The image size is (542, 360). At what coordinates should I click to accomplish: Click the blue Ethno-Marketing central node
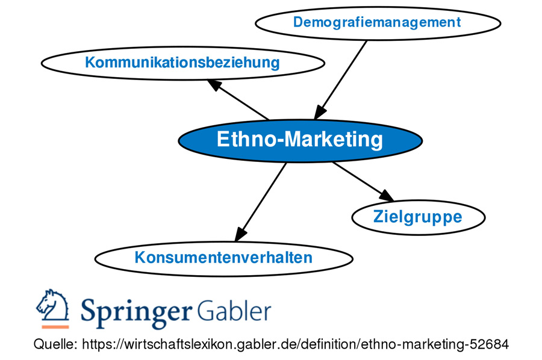coord(300,140)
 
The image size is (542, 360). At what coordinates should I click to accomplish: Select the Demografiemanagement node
coord(378,23)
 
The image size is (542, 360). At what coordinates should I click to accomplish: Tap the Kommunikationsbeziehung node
coord(182,63)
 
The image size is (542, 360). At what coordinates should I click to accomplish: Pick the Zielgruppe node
coord(418,217)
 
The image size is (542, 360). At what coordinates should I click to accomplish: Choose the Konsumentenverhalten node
coord(223,258)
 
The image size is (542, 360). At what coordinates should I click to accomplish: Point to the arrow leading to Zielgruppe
coord(361,180)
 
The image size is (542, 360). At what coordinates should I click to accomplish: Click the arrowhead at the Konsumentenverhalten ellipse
coord(241,233)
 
